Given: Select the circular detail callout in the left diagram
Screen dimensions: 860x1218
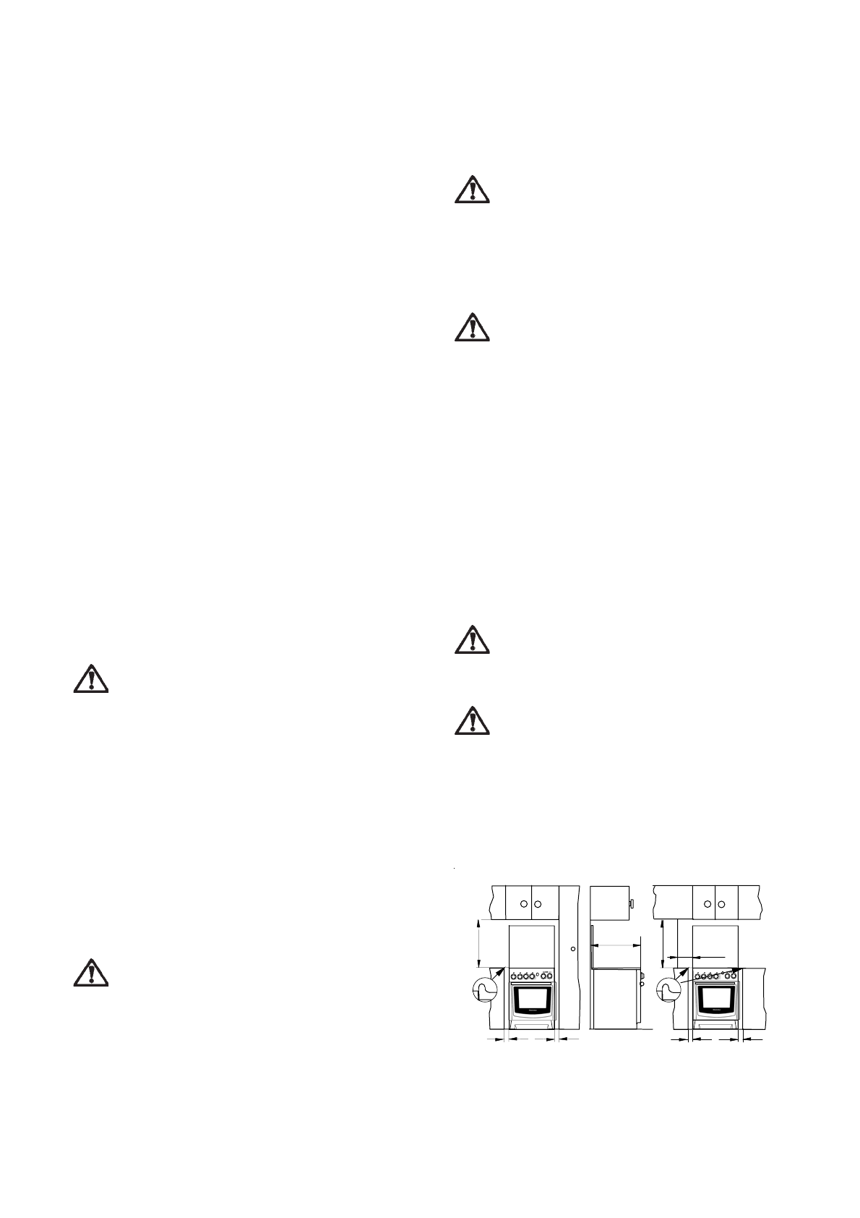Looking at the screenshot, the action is coord(484,989).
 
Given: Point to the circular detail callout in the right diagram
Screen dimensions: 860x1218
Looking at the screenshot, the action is coord(668,989).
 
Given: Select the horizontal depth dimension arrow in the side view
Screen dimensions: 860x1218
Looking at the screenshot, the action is coord(616,944).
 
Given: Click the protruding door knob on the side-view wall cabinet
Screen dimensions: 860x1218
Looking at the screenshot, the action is coord(632,904).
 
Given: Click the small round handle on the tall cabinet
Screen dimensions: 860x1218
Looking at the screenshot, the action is coord(572,948).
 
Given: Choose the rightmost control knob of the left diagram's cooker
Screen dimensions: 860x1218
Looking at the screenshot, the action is coord(552,976).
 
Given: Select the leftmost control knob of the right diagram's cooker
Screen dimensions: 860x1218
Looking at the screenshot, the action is coord(697,976).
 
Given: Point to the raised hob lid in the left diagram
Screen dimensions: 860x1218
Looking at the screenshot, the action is coord(532,945).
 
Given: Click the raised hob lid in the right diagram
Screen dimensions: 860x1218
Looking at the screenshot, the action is coord(716,945).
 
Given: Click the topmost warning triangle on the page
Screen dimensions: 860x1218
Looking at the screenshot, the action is coord(472,189).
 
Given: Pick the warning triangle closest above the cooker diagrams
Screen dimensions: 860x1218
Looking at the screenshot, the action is coord(472,722).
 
